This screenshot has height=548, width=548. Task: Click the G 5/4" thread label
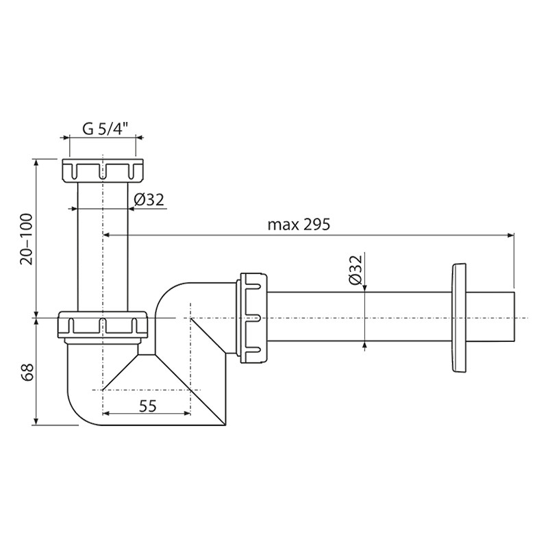click(x=103, y=129)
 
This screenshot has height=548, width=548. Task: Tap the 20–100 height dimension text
click(x=27, y=239)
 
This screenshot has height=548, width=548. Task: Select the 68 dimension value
click(x=27, y=373)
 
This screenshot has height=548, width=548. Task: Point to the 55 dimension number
click(x=148, y=406)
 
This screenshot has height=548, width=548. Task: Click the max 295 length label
click(x=299, y=225)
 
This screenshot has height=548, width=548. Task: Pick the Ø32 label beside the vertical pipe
click(x=149, y=200)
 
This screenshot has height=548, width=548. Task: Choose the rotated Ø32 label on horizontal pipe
click(x=355, y=269)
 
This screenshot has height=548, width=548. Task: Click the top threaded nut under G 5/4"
click(x=103, y=170)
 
